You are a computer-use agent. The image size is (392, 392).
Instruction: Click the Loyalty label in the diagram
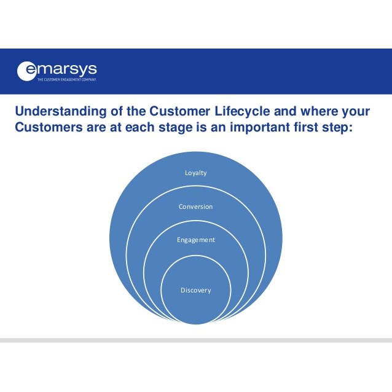pyautogui.click(x=196, y=173)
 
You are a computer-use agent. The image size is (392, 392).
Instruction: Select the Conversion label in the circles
pyautogui.click(x=196, y=206)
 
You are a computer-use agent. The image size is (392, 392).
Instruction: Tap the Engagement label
pyautogui.click(x=196, y=240)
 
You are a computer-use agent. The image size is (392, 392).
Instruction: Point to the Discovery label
pyautogui.click(x=196, y=290)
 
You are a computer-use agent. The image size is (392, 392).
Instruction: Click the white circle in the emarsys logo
pyautogui.click(x=26, y=71)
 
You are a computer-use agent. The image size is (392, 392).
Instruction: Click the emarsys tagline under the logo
pyautogui.click(x=67, y=79)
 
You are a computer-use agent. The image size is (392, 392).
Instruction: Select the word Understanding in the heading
pyautogui.click(x=61, y=111)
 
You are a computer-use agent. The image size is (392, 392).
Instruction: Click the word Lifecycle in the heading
pyautogui.click(x=242, y=111)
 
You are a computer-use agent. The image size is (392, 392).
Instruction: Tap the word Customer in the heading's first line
pyautogui.click(x=180, y=111)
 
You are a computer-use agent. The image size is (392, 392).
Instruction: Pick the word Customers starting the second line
pyautogui.click(x=49, y=127)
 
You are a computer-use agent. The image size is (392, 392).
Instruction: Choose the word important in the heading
pyautogui.click(x=260, y=127)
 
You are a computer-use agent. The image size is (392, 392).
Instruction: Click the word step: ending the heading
pyautogui.click(x=337, y=128)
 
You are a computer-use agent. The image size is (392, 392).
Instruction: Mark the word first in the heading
pyautogui.click(x=306, y=127)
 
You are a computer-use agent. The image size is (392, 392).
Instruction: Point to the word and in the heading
pyautogui.click(x=285, y=111)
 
